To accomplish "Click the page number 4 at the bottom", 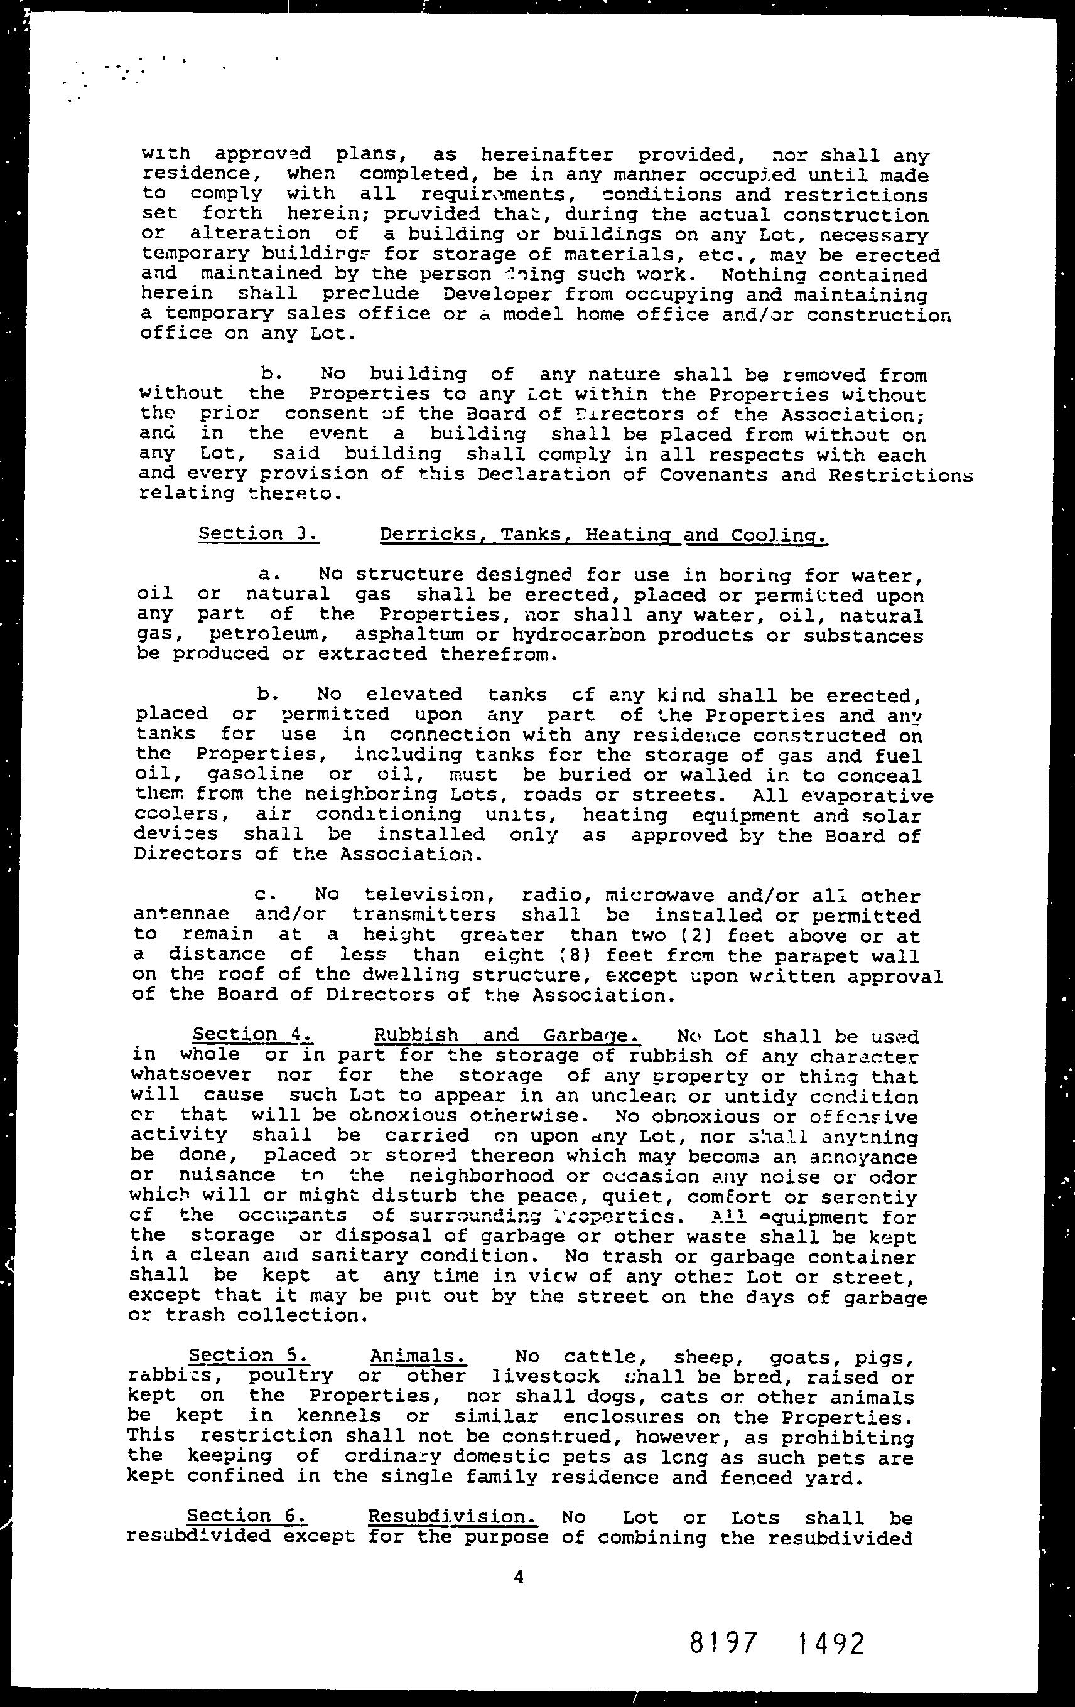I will point(519,1577).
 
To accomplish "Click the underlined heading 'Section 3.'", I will point(259,533).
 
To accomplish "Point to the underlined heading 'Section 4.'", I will point(253,1035).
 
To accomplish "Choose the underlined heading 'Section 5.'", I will point(248,1356).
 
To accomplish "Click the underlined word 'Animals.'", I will point(418,1356).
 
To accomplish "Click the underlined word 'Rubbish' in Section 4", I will point(416,1035).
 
